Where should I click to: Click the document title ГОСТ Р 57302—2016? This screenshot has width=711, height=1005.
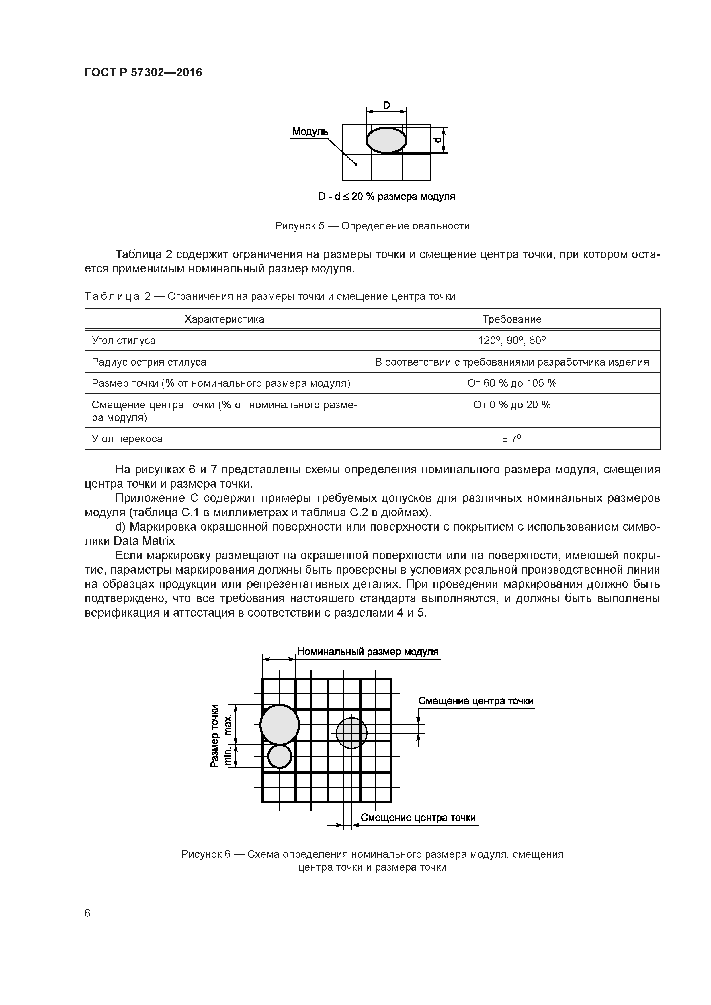(x=143, y=73)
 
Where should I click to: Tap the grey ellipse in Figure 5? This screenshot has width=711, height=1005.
(x=386, y=140)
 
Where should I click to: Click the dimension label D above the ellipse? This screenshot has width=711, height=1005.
(x=386, y=105)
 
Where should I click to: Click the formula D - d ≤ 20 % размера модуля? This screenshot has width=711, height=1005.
(x=386, y=197)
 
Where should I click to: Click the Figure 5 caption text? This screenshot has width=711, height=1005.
(x=372, y=226)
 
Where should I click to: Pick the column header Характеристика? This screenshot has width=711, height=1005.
(x=224, y=319)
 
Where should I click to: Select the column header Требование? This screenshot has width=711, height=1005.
(x=512, y=319)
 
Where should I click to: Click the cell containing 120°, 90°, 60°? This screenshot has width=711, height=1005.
(x=512, y=341)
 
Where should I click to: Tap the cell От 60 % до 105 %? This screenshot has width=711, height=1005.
(x=512, y=383)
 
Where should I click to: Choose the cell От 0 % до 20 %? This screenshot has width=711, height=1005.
(x=512, y=405)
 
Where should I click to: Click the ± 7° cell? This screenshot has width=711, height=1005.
(x=512, y=439)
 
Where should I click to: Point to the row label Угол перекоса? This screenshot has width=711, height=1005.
(x=127, y=439)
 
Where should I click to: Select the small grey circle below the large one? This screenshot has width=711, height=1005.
(x=280, y=756)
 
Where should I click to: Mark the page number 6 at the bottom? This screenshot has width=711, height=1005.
(x=88, y=913)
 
